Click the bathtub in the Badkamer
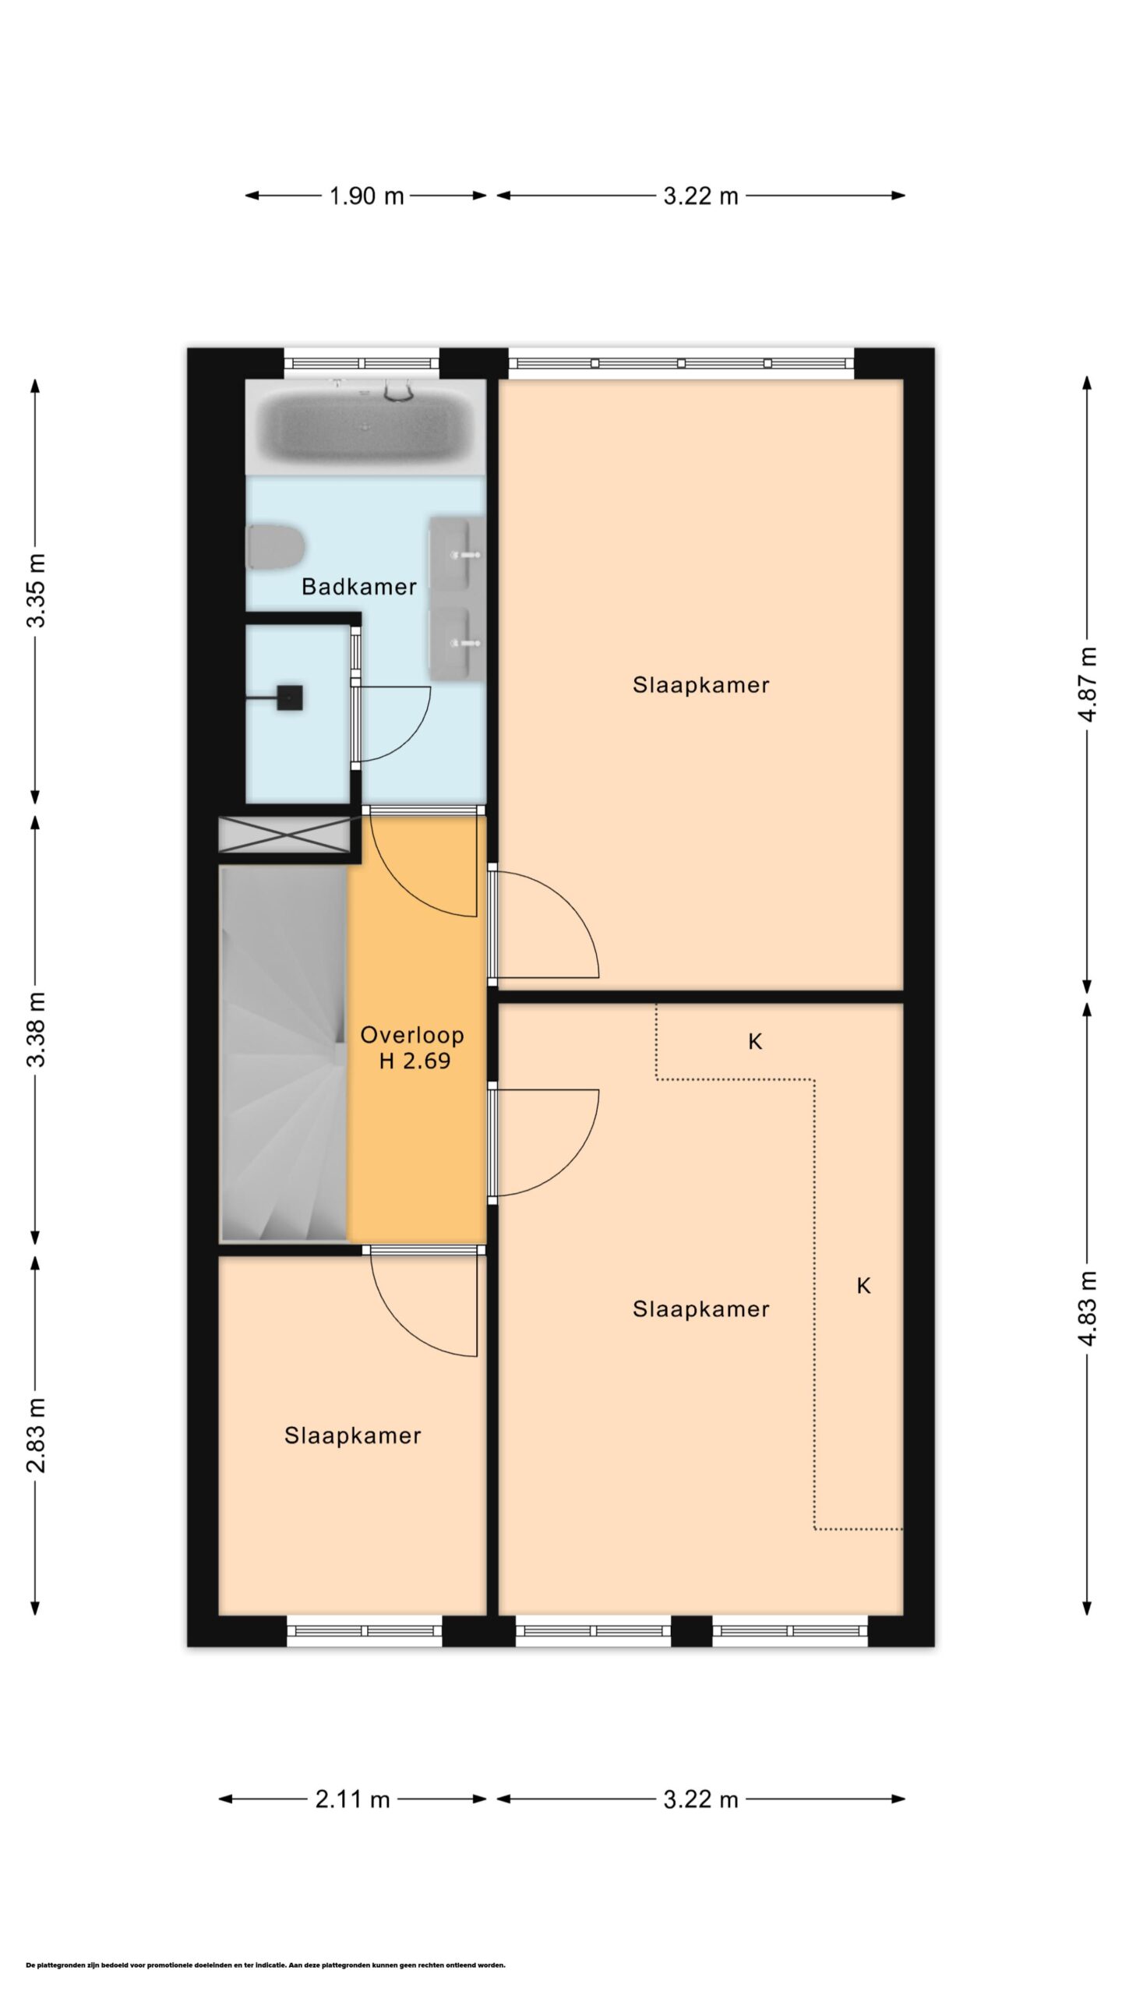click(x=365, y=427)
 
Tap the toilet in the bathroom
click(x=274, y=546)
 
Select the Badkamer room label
click(x=359, y=587)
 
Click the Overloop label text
click(x=412, y=1035)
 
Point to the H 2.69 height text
click(x=415, y=1061)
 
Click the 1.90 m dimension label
click(x=366, y=196)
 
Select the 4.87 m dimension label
click(x=1088, y=685)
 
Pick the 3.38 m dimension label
click(x=36, y=1029)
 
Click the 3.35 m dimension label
click(x=36, y=590)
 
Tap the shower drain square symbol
click(x=290, y=698)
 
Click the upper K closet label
click(x=754, y=1041)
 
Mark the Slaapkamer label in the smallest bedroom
click(x=352, y=1436)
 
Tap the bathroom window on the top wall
click(x=362, y=363)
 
